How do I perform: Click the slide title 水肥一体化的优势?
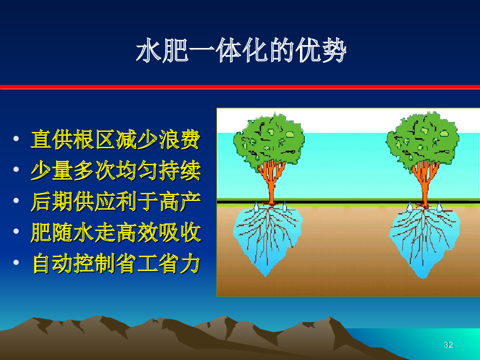click(241, 50)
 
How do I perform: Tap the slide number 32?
click(448, 345)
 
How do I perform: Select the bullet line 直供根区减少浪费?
click(116, 139)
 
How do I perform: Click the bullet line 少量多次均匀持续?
click(116, 170)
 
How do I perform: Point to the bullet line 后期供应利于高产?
click(116, 202)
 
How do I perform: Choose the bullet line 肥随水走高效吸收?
click(116, 232)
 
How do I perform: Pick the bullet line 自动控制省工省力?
click(116, 263)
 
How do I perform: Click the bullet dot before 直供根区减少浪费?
click(16, 139)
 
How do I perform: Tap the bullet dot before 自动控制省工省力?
click(16, 263)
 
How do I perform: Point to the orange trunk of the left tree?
click(271, 184)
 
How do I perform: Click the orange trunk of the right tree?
click(425, 184)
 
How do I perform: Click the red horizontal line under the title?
click(240, 87)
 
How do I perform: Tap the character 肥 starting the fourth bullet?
click(41, 233)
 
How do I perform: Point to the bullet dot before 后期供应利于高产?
click(16, 201)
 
